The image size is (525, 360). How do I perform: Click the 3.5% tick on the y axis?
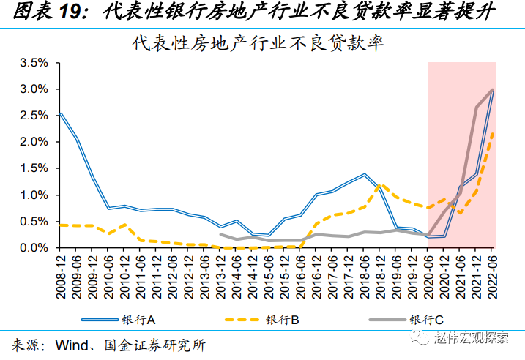pyautogui.click(x=33, y=63)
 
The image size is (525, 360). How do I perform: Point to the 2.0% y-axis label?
pyautogui.click(x=33, y=142)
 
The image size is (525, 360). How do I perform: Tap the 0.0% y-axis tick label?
pyautogui.click(x=33, y=248)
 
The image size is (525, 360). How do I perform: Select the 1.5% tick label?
pyautogui.click(x=33, y=168)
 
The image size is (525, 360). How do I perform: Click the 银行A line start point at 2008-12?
pyautogui.click(x=59, y=113)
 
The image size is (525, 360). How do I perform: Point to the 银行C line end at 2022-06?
pyautogui.click(x=492, y=90)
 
